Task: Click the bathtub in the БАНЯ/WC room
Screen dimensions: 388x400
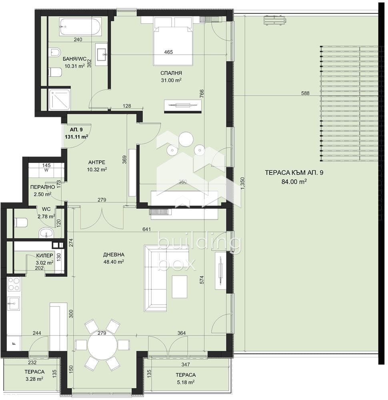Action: (x=80, y=26)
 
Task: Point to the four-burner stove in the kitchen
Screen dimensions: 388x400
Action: (x=14, y=284)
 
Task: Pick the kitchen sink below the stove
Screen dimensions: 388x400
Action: (x=14, y=304)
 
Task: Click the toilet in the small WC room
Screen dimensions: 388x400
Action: (x=21, y=222)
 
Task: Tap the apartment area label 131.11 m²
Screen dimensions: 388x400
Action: (x=76, y=137)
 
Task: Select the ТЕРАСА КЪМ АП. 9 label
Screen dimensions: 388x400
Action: (x=294, y=173)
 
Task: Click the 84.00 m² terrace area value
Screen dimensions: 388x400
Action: (x=294, y=182)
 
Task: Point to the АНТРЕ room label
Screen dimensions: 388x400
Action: (x=97, y=162)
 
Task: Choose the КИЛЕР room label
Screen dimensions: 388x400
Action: (x=45, y=255)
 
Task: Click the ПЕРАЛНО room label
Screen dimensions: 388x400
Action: (x=43, y=187)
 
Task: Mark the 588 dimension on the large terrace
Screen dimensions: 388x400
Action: (x=305, y=93)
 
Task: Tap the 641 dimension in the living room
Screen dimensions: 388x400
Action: (x=146, y=229)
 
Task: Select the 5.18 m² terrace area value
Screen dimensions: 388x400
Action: (x=186, y=382)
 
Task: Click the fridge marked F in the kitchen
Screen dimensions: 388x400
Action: (x=14, y=344)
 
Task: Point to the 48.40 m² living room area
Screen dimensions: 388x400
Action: (x=114, y=262)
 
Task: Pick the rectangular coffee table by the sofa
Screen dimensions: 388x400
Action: (x=179, y=286)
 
